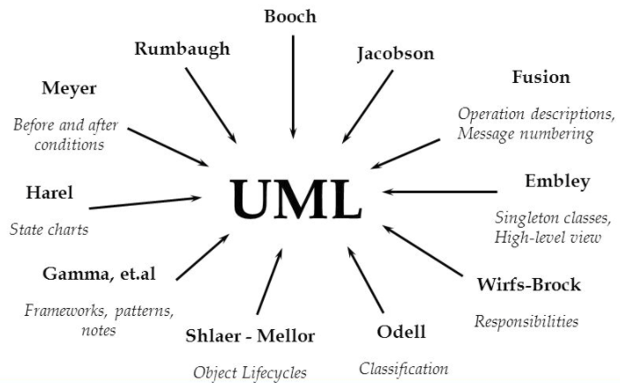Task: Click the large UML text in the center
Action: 296,199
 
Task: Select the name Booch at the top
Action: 290,16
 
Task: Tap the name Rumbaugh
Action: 182,49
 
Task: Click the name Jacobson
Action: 395,54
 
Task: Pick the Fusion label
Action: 541,77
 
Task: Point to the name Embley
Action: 557,182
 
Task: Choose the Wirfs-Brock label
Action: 528,285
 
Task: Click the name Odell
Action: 401,332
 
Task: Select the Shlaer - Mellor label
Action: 250,335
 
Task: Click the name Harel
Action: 49,191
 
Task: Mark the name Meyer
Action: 69,88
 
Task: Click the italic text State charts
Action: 49,230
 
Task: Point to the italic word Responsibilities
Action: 527,321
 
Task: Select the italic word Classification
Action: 403,369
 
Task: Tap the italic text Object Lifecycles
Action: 250,372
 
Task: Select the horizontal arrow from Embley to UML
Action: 441,191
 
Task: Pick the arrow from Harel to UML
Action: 146,204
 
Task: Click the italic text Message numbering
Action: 526,134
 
